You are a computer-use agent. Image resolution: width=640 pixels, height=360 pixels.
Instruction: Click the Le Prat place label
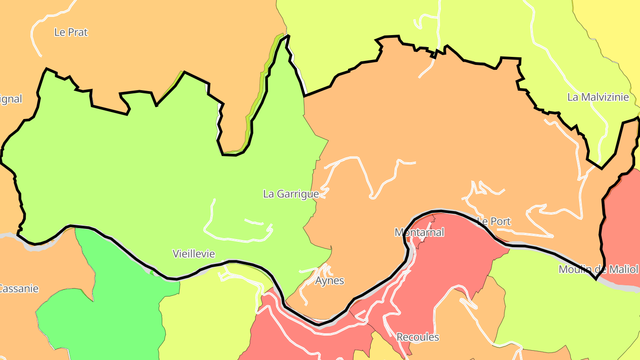click(71, 32)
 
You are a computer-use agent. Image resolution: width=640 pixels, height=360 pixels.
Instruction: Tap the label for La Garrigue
click(291, 194)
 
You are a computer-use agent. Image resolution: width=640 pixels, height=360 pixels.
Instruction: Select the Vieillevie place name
click(193, 254)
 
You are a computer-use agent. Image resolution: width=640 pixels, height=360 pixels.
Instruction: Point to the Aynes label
click(329, 281)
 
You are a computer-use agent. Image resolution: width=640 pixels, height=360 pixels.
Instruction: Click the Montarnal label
click(419, 232)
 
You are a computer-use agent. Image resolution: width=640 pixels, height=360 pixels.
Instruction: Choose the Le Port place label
click(493, 221)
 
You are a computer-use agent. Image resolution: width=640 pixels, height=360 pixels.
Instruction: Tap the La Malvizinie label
click(598, 97)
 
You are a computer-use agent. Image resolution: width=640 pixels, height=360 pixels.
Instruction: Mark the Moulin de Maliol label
click(598, 269)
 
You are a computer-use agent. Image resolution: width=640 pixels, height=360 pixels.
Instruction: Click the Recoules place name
click(417, 337)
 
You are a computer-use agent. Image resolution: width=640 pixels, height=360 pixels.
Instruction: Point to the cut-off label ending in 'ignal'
click(11, 99)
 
